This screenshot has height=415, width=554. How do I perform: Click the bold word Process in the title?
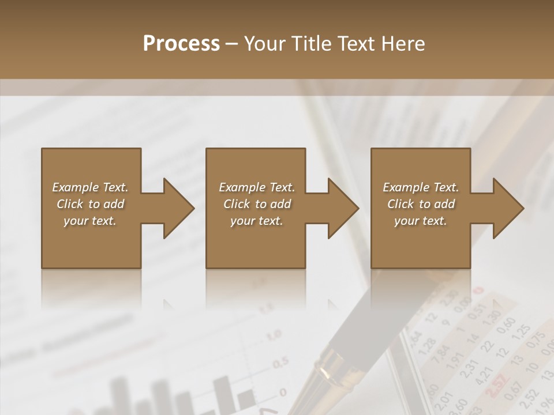click(181, 44)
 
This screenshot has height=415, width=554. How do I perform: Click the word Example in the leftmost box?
click(74, 187)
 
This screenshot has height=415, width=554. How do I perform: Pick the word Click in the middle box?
click(236, 204)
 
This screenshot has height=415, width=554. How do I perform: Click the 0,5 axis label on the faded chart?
click(280, 363)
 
